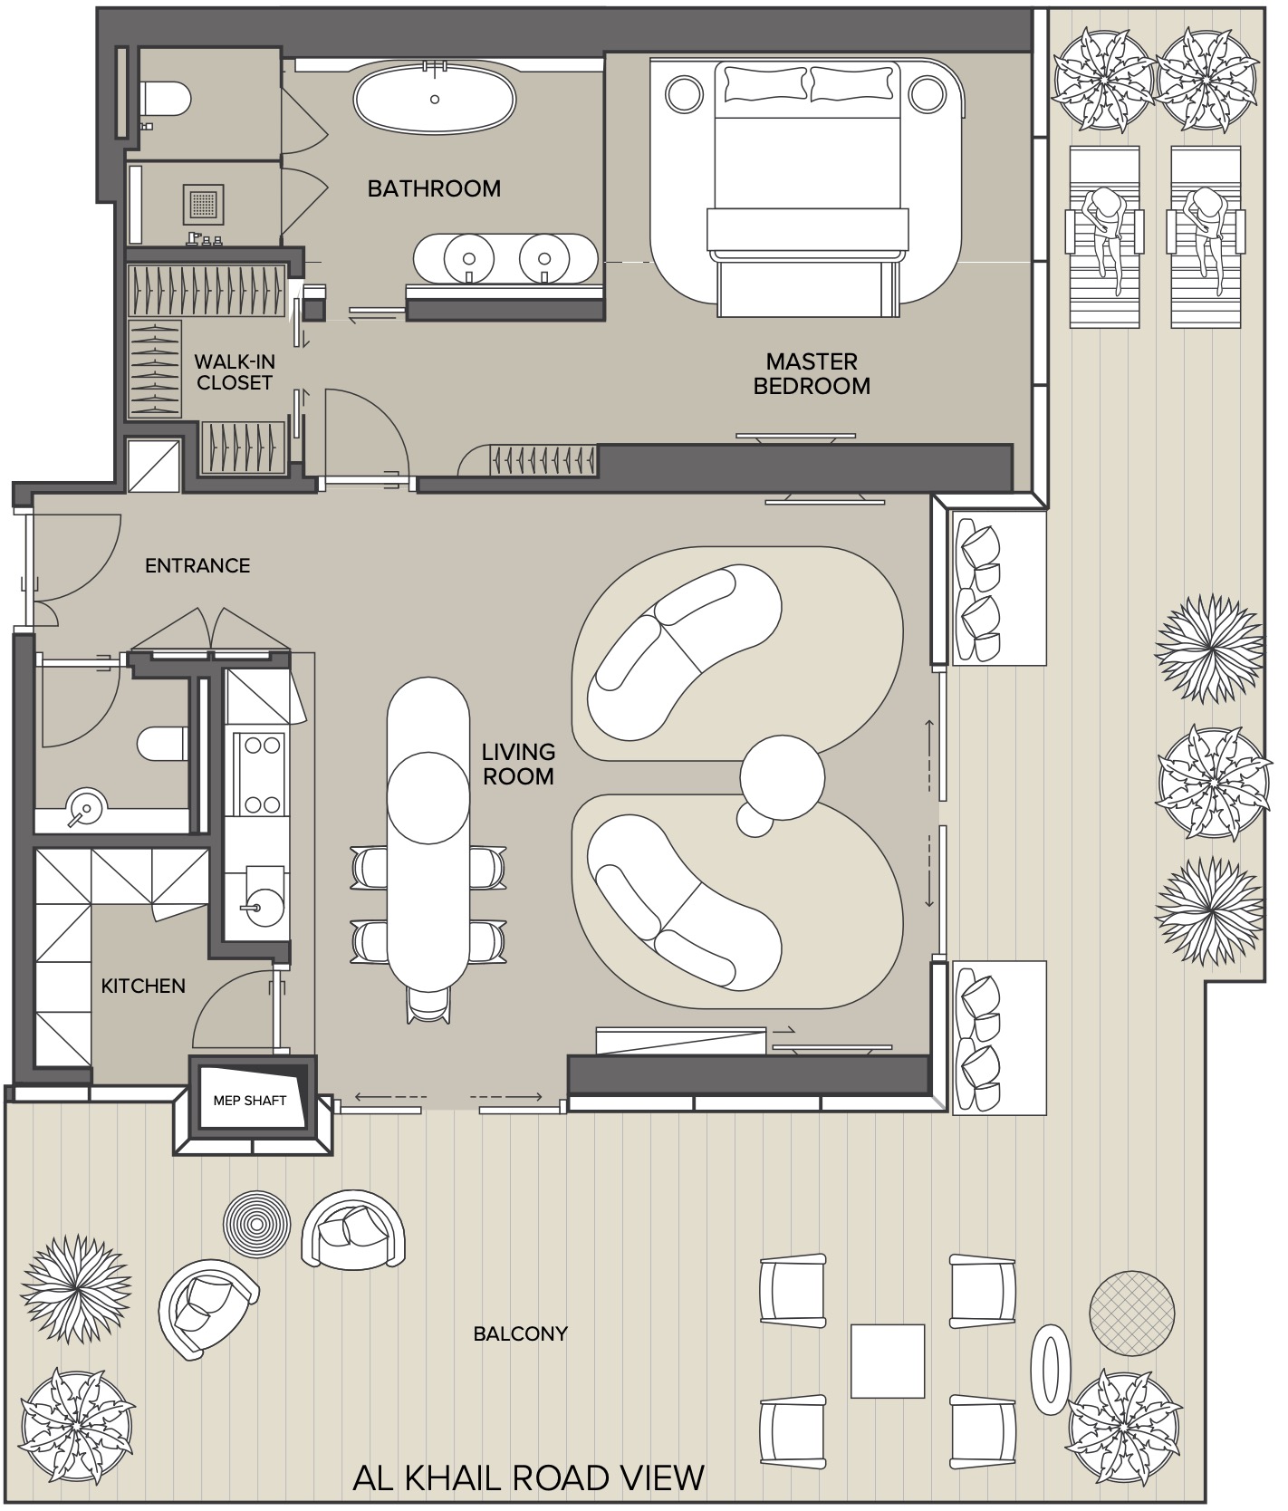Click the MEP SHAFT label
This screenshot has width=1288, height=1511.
click(250, 1101)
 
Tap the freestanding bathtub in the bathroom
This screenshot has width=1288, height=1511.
click(435, 99)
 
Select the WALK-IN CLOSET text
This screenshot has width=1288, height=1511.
click(235, 371)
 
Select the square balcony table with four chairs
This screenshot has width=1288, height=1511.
click(887, 1361)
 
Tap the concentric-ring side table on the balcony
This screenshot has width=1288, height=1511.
click(257, 1224)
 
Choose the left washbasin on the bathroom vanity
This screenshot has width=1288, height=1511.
click(468, 255)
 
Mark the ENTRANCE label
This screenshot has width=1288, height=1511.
click(197, 566)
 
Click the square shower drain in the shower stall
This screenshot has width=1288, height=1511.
click(204, 205)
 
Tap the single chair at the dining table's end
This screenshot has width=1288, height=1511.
click(428, 1004)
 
